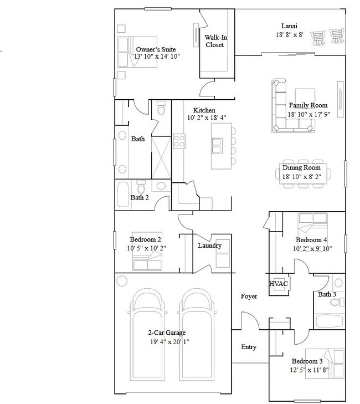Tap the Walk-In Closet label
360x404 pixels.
[x=214, y=41]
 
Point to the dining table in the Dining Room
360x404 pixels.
[x=307, y=176]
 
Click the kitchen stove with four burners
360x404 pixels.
[x=179, y=141]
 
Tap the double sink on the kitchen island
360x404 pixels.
[x=215, y=145]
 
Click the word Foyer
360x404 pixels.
[x=249, y=296]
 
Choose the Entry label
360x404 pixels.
[x=249, y=347]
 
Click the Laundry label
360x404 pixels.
[x=209, y=246]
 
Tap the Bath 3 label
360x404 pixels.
[x=327, y=294]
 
